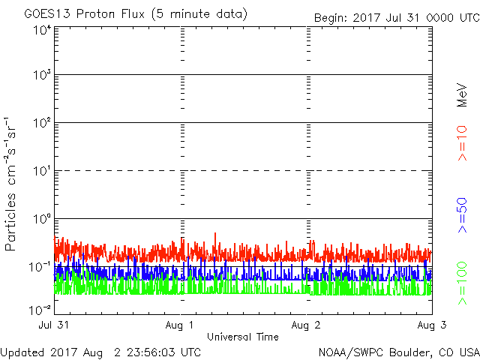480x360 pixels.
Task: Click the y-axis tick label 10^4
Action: click(x=42, y=30)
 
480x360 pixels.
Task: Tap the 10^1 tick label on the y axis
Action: click(x=42, y=172)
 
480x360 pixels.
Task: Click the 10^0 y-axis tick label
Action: click(x=42, y=220)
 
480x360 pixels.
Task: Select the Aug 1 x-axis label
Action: click(x=182, y=325)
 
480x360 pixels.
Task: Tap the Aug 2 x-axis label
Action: click(x=307, y=325)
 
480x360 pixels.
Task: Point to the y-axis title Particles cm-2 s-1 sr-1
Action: click(x=13, y=184)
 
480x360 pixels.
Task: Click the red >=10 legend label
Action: click(x=463, y=143)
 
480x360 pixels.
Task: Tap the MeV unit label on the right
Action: click(x=463, y=93)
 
